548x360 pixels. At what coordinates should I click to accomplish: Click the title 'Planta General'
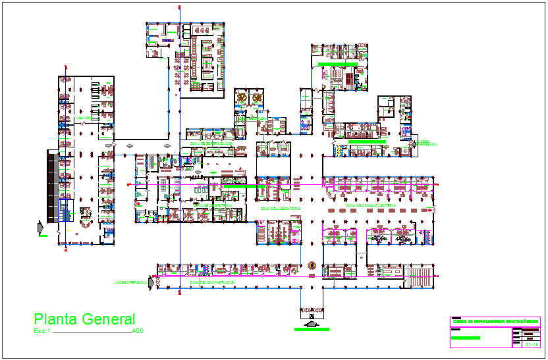point(84,320)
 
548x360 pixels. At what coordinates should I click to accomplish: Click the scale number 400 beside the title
point(138,331)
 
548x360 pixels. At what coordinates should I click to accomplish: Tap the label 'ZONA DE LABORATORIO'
point(280,209)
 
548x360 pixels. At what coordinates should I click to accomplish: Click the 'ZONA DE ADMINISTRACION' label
point(212,282)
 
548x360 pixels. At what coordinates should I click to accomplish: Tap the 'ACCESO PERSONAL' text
point(130,282)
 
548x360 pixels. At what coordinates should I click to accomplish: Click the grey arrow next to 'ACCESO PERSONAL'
point(152,282)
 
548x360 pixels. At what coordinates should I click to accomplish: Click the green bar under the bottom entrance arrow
point(312,329)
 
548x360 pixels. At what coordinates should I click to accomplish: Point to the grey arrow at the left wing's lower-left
point(42,228)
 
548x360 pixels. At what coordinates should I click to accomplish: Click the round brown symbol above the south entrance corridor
point(312,267)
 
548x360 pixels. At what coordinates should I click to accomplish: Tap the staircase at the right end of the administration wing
point(419,277)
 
